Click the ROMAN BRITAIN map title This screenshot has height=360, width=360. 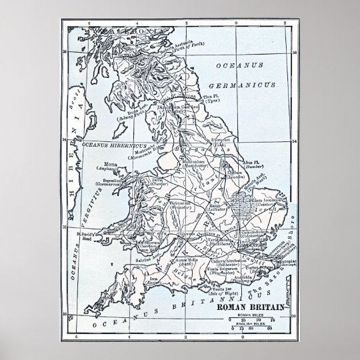[254, 307]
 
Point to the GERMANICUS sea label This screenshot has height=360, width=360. [245, 85]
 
